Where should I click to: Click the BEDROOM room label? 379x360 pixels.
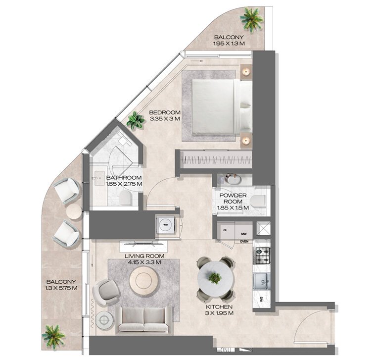165,112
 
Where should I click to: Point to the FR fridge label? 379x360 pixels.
225,230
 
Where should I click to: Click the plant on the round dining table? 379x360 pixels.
215,278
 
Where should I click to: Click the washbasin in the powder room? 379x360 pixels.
231,179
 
